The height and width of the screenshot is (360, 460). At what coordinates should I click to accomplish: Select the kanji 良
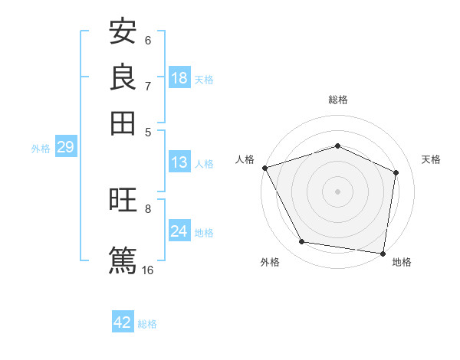click(123, 78)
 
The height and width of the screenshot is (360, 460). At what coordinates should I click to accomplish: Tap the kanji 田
click(123, 123)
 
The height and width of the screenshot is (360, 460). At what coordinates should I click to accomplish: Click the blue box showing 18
click(179, 78)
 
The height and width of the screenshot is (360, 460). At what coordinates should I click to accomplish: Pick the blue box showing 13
click(179, 162)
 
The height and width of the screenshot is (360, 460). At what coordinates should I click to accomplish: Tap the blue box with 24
click(179, 232)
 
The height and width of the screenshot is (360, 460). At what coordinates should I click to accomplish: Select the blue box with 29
click(65, 148)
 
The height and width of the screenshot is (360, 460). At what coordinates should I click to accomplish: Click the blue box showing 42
click(123, 322)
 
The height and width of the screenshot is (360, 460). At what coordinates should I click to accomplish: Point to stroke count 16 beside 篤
click(148, 270)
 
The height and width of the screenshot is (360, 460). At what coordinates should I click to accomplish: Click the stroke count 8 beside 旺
click(148, 208)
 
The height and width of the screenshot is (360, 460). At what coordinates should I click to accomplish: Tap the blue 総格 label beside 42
click(147, 324)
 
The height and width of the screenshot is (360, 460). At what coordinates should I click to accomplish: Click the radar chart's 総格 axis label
click(337, 100)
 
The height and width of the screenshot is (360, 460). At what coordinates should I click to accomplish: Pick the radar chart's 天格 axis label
click(432, 159)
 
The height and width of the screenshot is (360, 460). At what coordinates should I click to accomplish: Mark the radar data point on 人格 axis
click(264, 168)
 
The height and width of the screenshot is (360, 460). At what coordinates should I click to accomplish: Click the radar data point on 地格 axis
click(383, 253)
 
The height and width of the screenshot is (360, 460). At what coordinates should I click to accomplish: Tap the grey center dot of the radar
click(337, 191)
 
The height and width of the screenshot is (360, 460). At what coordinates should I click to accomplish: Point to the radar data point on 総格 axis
click(337, 146)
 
